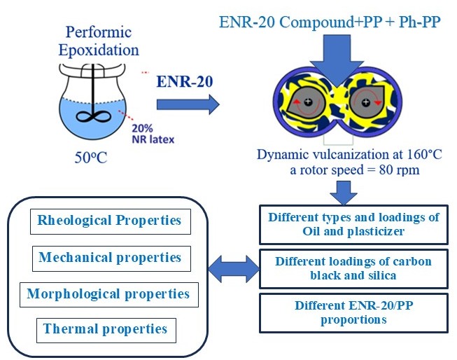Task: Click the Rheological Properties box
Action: (x=109, y=221)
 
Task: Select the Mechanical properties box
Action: (x=110, y=258)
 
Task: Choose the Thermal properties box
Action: (x=105, y=328)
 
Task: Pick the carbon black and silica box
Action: (x=353, y=268)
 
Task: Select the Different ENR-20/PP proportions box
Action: (x=353, y=312)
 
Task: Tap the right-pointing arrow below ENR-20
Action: (x=187, y=105)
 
